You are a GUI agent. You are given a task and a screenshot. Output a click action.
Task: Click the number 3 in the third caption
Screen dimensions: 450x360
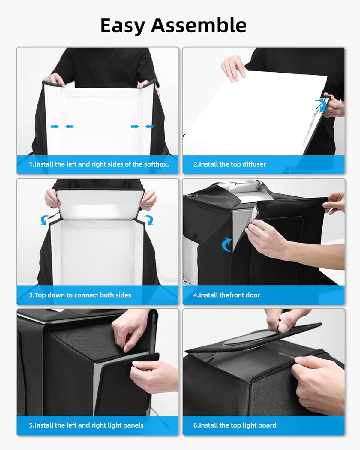coord(31,295)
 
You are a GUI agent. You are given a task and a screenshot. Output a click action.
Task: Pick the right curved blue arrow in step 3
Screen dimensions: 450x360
coord(148,220)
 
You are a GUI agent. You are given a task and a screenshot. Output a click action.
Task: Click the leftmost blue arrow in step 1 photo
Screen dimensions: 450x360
coord(55,127)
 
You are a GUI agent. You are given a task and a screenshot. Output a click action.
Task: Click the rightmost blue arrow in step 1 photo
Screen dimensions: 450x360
coord(149,127)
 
